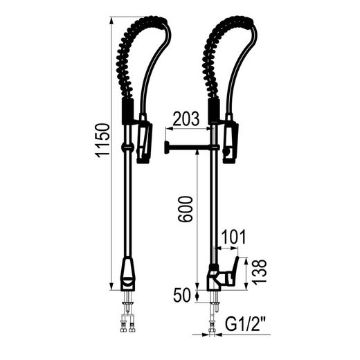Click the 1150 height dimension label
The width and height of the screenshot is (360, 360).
pos(102,141)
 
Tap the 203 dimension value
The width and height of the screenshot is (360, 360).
pos(186,119)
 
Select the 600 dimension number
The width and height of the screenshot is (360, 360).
pos(185,209)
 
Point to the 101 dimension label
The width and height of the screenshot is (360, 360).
pos(233,237)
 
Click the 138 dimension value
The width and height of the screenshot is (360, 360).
pos(259,271)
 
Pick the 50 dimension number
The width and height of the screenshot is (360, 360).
pos(182,295)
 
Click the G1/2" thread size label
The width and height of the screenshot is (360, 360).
pos(245,324)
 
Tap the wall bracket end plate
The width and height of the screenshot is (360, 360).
pos(166,148)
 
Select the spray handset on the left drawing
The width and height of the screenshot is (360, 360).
pos(145,139)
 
